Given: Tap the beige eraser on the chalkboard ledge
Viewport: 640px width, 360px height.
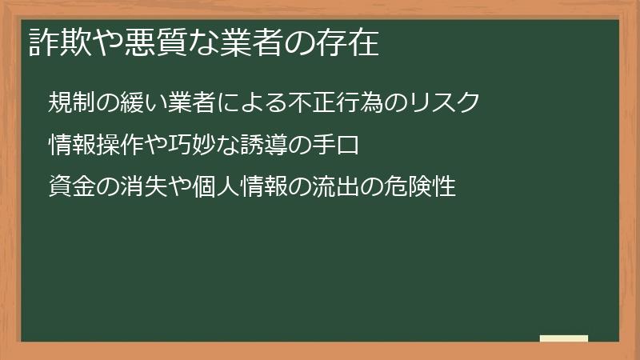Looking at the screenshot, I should [x=564, y=338].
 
